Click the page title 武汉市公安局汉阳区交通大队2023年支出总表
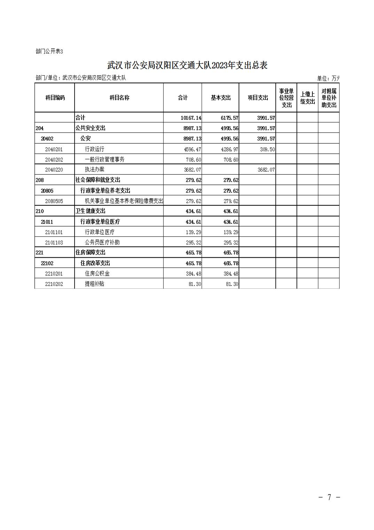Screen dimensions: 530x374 (187, 65)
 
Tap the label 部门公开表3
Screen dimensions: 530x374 (49, 52)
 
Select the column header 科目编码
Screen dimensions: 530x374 (55, 98)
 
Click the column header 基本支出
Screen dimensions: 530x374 (220, 98)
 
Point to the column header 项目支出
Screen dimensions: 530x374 (258, 98)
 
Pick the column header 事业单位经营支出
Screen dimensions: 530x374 (286, 98)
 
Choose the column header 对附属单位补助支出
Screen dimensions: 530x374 (329, 98)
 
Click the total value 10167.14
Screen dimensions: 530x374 (191, 118)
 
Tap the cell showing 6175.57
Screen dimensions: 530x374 (229, 118)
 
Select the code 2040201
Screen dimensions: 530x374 (54, 149)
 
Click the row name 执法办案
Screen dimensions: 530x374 (94, 169)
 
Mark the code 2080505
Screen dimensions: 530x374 (54, 201)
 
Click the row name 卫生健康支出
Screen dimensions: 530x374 (91, 211)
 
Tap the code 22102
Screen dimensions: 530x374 (47, 263)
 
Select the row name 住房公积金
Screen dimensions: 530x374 (97, 274)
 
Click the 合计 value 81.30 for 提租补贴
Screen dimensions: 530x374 (195, 284)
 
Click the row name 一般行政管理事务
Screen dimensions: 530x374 (104, 159)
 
